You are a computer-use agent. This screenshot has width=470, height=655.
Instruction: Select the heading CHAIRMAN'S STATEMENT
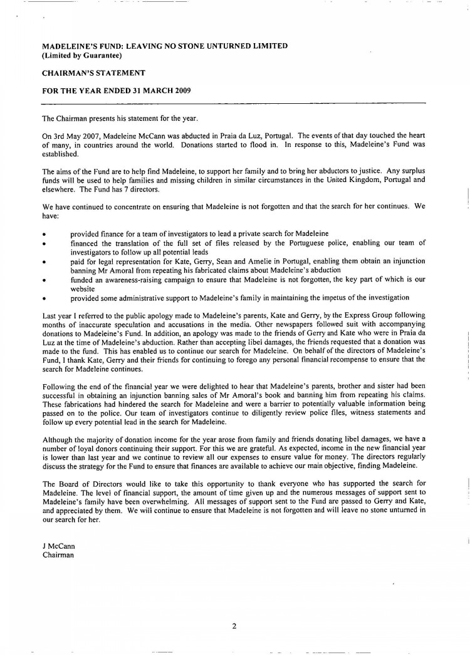(x=93, y=73)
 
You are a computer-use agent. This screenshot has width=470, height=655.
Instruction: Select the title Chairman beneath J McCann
(x=58, y=554)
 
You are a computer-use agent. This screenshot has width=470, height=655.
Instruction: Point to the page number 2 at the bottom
(x=234, y=625)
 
